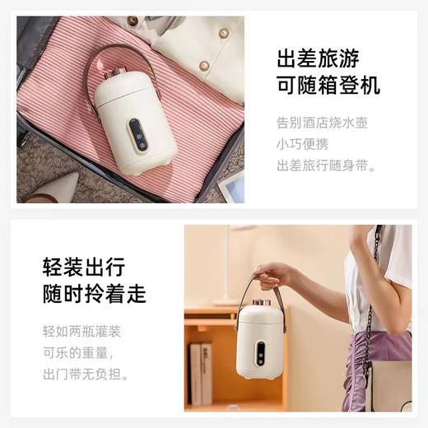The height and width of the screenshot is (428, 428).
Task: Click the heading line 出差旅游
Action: click(x=328, y=59)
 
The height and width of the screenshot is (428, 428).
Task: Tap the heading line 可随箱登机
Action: click(x=328, y=86)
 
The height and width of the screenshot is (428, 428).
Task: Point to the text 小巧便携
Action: click(x=301, y=146)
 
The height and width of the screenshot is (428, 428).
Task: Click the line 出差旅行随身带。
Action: click(x=328, y=166)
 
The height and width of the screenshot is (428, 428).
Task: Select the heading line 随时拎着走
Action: click(x=94, y=294)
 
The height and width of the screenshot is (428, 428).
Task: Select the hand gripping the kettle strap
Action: click(x=272, y=274)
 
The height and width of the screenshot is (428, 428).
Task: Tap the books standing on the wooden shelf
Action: click(x=200, y=373)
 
